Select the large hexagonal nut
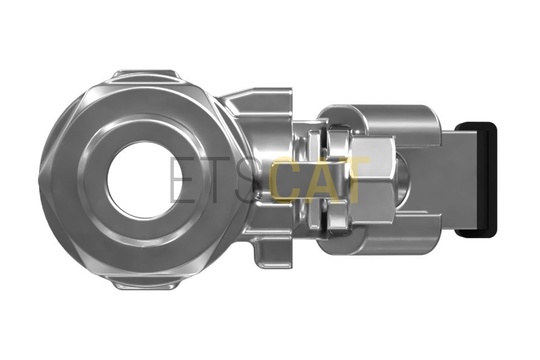point(374,179)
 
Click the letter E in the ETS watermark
point(182,179)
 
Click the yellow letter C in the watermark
point(287,179)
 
